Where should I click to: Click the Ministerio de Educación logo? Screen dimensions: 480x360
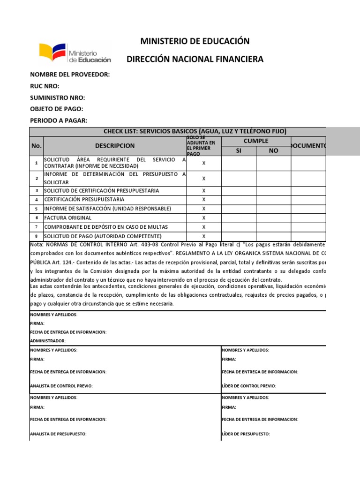[x=75, y=53]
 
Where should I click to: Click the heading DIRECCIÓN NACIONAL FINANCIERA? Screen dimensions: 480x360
[x=195, y=59]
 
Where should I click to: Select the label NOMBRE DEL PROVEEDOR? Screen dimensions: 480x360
[x=70, y=75]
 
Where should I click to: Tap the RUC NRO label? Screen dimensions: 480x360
[x=45, y=86]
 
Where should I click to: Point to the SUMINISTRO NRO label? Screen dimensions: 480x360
[x=57, y=97]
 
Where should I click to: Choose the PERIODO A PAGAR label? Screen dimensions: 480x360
[x=59, y=120]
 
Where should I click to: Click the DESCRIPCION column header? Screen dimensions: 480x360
[x=114, y=146]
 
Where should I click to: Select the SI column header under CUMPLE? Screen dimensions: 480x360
[x=239, y=150]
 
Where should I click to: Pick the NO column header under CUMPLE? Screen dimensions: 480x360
[x=273, y=150]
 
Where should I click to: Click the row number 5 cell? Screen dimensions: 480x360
[x=36, y=209]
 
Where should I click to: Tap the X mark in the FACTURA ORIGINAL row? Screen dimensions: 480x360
[x=203, y=218]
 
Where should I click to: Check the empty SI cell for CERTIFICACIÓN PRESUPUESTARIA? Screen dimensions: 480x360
[x=239, y=200]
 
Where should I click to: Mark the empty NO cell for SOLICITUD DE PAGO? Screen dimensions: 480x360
[x=273, y=236]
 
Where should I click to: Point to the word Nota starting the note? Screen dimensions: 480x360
[x=36, y=245]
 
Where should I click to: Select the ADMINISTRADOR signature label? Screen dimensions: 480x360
[x=48, y=341]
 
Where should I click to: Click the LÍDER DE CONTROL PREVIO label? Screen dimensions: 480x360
[x=248, y=386]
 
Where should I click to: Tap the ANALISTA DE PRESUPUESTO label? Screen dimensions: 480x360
[x=58, y=434]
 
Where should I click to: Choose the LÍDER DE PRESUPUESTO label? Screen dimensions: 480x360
[x=246, y=434]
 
